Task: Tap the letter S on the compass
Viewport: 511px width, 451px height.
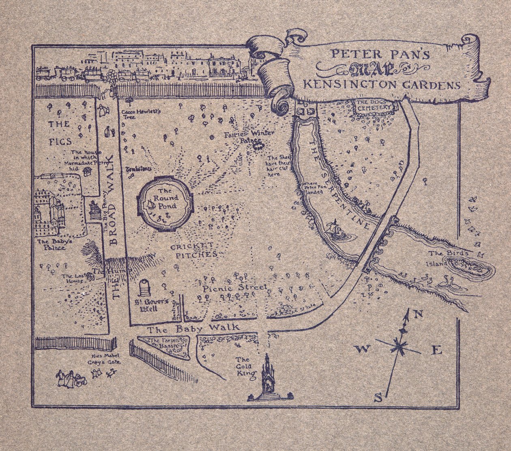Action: (x=378, y=398)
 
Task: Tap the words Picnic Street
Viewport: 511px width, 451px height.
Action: (x=235, y=288)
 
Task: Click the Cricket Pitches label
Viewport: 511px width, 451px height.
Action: (x=193, y=251)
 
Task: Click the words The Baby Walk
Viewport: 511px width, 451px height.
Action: (x=193, y=329)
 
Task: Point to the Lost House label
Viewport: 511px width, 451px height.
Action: (x=73, y=278)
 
